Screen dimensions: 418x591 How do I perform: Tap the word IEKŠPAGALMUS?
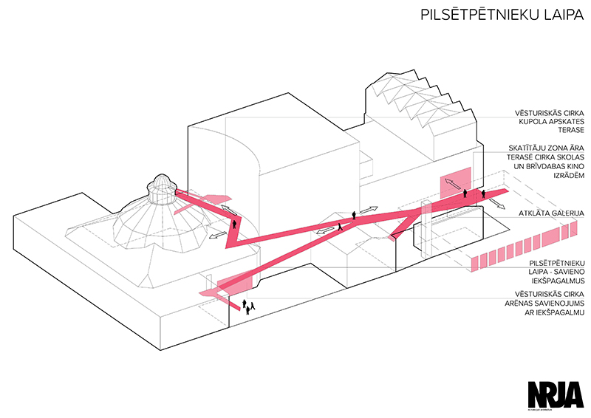(550, 281)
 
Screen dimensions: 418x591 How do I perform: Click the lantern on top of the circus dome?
(160, 191)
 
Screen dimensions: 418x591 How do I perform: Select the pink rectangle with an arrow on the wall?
(455, 182)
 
